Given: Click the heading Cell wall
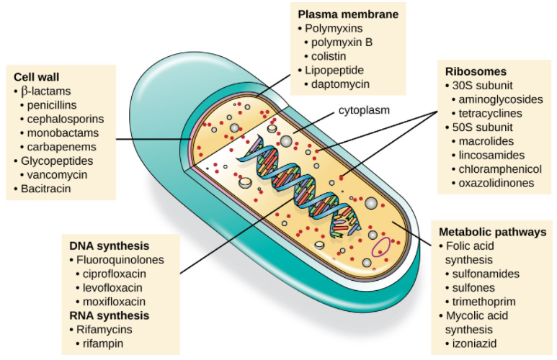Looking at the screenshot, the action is tap(36, 77).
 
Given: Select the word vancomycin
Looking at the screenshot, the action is tap(57, 175).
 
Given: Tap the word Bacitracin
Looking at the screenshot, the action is tap(46, 189).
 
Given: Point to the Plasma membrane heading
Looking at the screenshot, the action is tap(348, 14).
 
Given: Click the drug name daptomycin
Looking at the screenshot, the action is tap(340, 84).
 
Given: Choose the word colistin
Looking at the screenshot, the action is tap(329, 56).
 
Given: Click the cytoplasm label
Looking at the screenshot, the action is tap(364, 110).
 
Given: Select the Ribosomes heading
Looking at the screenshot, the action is tap(476, 71).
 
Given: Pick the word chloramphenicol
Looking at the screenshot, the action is tap(500, 169).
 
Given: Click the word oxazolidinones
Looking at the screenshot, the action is tap(496, 183).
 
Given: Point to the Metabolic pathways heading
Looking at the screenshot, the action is tap(492, 232).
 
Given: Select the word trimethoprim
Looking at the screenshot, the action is tap(484, 302).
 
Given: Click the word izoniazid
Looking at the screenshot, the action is tap(474, 343).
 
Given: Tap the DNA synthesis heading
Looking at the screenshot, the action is tap(109, 246).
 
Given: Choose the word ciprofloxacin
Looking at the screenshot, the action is tap(115, 274).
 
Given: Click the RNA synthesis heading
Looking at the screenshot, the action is tap(109, 315).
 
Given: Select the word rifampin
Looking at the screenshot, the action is tap(103, 343).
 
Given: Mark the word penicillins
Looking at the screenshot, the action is tap(52, 105).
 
